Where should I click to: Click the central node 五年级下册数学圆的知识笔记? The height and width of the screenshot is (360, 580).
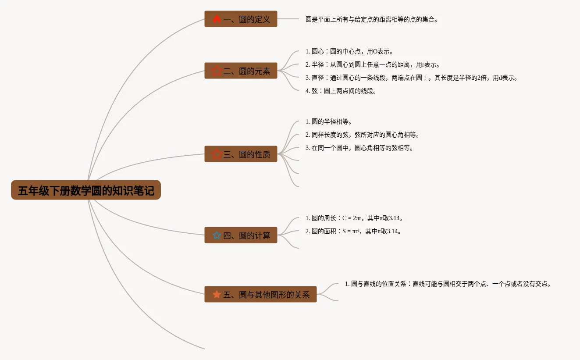click(86, 190)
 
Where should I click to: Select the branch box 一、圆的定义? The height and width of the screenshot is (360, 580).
click(241, 19)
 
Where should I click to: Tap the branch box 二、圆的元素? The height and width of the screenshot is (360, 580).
click(241, 71)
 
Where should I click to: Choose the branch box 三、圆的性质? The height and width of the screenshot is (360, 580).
click(241, 154)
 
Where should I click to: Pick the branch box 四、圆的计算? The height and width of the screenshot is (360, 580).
click(241, 235)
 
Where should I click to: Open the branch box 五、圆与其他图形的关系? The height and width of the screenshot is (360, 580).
click(260, 294)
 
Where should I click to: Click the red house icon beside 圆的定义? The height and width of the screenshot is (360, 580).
click(217, 19)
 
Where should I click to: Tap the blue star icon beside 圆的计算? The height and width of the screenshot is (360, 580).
click(217, 235)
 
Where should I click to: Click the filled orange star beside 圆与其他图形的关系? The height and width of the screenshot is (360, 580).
click(217, 294)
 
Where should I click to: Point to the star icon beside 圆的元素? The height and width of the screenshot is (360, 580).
click(217, 71)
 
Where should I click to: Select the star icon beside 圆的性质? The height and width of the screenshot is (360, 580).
click(217, 154)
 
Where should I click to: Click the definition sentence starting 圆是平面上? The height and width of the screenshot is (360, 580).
click(372, 19)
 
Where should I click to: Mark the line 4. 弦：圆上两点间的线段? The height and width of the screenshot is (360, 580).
click(341, 91)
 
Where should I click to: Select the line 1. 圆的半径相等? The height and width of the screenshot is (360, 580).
click(329, 121)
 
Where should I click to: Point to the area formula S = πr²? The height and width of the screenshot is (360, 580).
click(353, 231)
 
